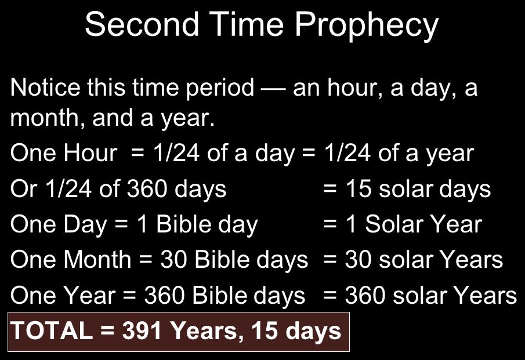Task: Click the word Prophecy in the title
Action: point(367,26)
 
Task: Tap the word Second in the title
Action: point(142,24)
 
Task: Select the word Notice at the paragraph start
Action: point(45,88)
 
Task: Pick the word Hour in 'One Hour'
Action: point(90,153)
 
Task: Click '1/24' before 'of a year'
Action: point(347,153)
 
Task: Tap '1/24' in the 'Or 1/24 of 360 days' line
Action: point(68,188)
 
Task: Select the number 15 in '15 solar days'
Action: point(359,188)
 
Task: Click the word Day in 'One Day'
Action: point(85,225)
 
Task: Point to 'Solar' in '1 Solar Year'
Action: point(394,224)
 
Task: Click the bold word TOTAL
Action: point(52,330)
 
